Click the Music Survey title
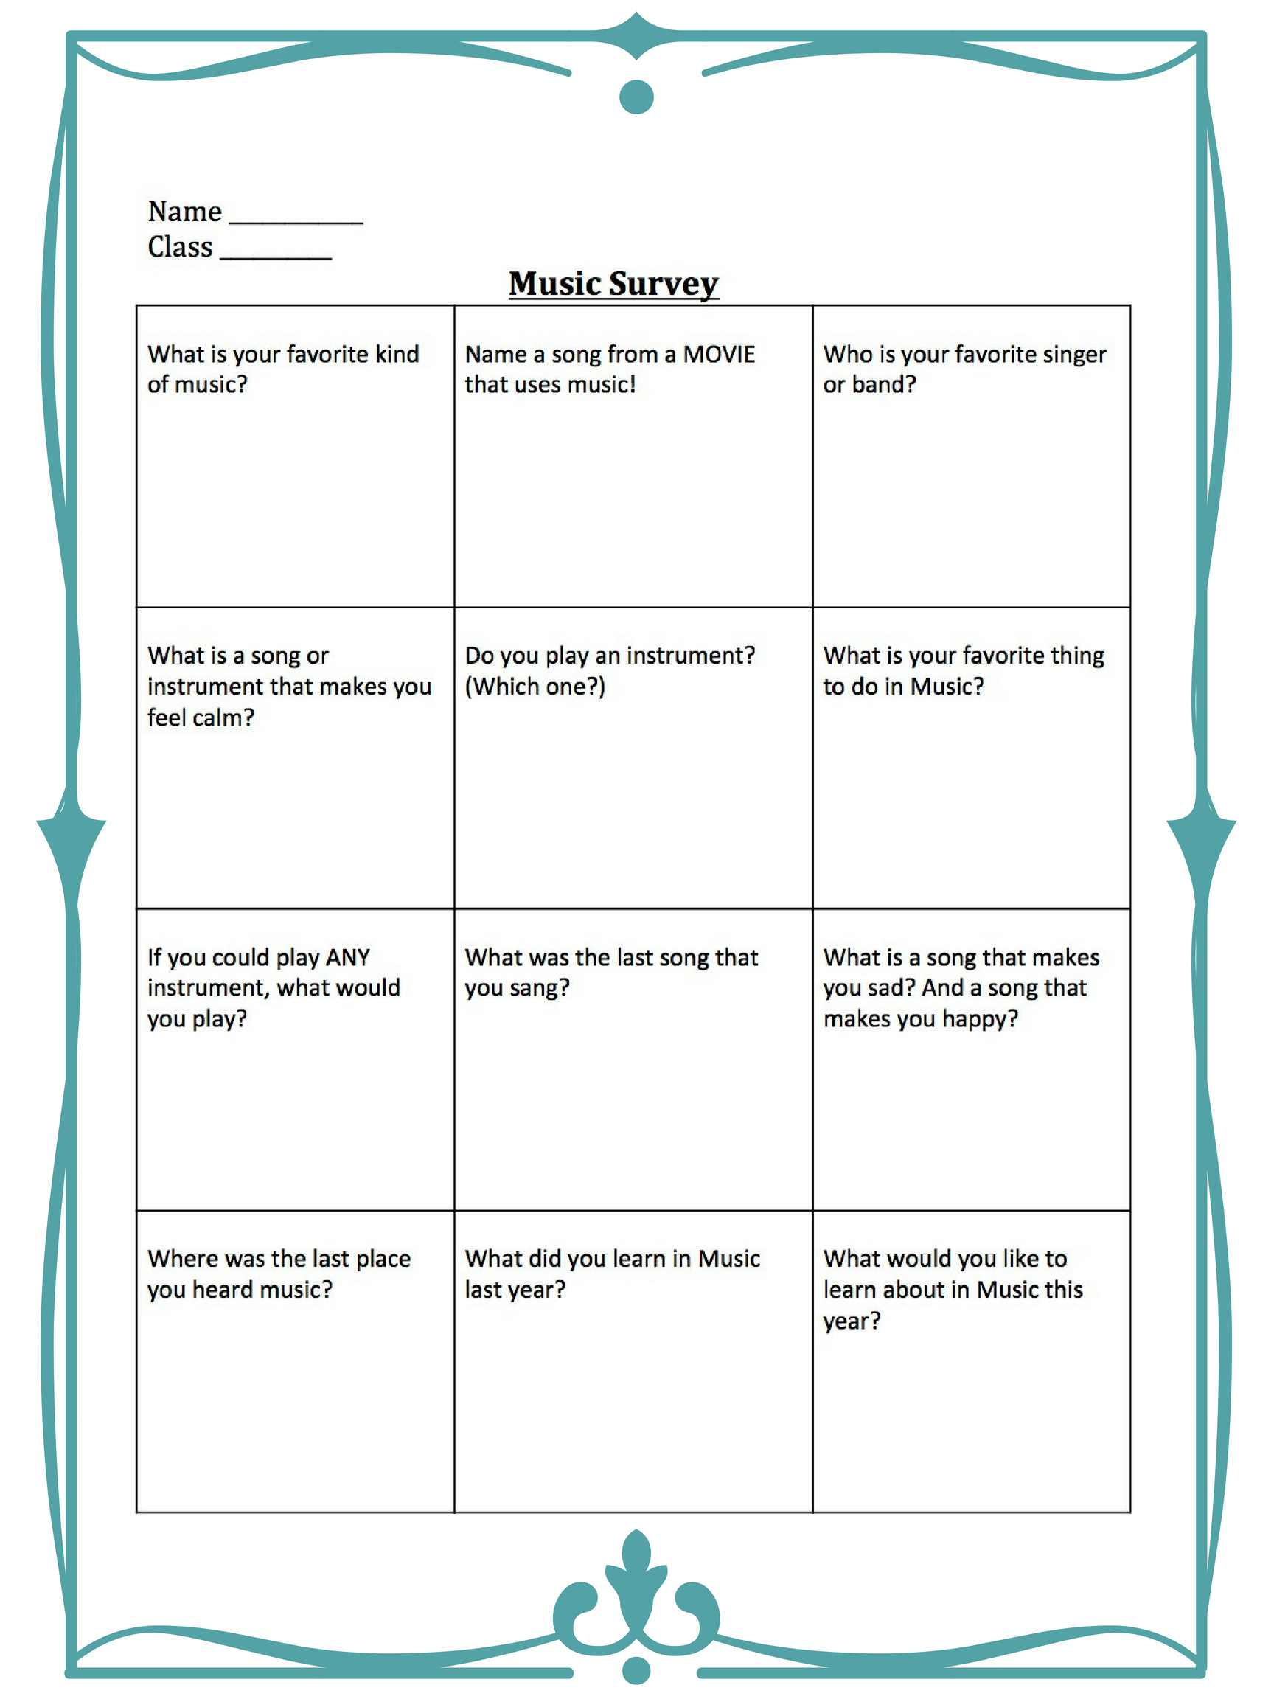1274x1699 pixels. [x=613, y=283]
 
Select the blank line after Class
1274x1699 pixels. [x=276, y=254]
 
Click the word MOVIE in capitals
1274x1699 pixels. [x=719, y=354]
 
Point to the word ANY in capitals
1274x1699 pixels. [x=348, y=957]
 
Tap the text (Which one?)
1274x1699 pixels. [x=535, y=686]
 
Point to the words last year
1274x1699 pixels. [x=515, y=1290]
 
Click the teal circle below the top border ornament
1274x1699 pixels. [x=636, y=97]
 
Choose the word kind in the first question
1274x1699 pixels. [x=397, y=354]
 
